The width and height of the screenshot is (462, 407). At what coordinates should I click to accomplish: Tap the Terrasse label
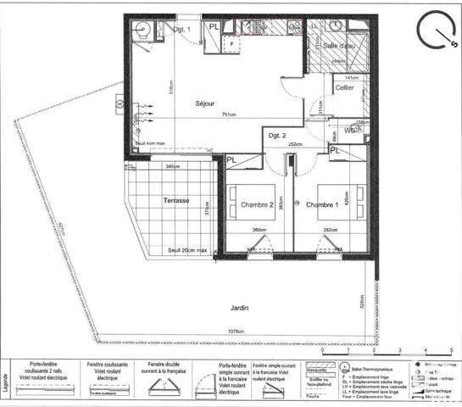tap(175, 201)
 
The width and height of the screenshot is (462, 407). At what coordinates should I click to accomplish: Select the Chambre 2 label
tap(257, 205)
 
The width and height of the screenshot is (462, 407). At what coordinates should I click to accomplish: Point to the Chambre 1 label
tap(323, 205)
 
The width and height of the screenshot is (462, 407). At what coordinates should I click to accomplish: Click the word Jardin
tap(237, 309)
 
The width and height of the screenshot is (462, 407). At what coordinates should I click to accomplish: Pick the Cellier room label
tap(343, 88)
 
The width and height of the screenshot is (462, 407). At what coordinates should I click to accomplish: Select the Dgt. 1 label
tap(183, 30)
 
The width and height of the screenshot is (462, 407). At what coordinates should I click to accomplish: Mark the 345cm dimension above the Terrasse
tap(173, 166)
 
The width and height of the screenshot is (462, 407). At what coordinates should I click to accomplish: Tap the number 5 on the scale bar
tap(448, 349)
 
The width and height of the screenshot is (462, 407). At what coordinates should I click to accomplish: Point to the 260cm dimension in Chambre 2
tap(260, 230)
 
